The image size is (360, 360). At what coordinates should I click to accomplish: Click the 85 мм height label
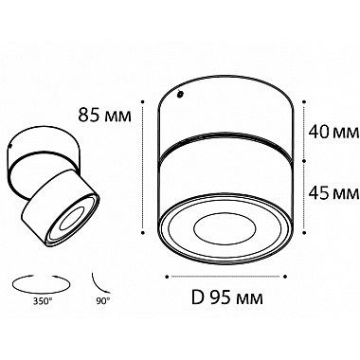coord(104,115)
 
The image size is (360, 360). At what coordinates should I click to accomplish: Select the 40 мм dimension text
coord(333,132)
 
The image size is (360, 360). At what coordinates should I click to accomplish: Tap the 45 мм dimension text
coord(333,192)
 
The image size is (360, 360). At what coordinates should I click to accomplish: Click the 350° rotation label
coord(42,301)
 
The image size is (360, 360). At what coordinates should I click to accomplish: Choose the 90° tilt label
coord(103,300)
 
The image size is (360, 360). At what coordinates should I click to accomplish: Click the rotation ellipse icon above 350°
coord(41,283)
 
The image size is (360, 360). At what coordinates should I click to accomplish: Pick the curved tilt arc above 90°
coord(100,283)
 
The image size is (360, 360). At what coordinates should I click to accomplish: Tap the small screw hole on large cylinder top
coord(180,94)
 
